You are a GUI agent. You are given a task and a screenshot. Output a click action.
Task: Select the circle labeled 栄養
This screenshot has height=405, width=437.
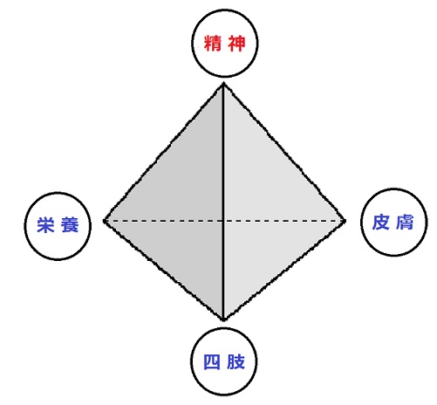pyautogui.click(x=58, y=193)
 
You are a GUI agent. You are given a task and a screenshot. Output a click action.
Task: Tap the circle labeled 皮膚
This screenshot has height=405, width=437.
pyautogui.click(x=394, y=189)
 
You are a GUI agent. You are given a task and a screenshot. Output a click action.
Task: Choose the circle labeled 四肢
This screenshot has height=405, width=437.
pyautogui.click(x=224, y=328)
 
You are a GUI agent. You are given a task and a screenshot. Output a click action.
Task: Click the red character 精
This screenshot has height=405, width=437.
pyautogui.click(x=213, y=44)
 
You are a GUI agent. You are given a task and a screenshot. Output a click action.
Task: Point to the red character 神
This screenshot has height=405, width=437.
pyautogui.click(x=236, y=44)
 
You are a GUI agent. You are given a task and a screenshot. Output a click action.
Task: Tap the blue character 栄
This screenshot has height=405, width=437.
pyautogui.click(x=45, y=225)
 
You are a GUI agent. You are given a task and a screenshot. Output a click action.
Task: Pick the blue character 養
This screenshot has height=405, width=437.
pyautogui.click(x=70, y=225)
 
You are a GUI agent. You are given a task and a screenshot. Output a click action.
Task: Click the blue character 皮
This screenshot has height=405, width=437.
pyautogui.click(x=381, y=223)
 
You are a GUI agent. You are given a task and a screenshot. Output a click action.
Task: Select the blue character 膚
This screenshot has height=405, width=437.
pyautogui.click(x=405, y=223)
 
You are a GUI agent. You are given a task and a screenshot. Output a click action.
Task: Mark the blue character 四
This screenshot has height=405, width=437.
pyautogui.click(x=212, y=362)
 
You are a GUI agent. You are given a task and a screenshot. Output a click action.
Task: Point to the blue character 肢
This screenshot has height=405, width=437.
pyautogui.click(x=236, y=362)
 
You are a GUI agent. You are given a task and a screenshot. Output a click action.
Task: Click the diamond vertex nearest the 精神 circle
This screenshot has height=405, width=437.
pyautogui.click(x=223, y=84)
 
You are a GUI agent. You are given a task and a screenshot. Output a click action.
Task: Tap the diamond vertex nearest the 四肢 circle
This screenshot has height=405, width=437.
pyautogui.click(x=223, y=319)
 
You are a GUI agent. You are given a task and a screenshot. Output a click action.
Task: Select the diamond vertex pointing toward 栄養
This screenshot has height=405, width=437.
pyautogui.click(x=105, y=221)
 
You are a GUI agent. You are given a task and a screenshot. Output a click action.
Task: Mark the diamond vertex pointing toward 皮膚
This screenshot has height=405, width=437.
pyautogui.click(x=345, y=221)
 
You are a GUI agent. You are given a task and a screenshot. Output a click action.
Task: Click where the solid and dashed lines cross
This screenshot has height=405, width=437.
pyautogui.click(x=223, y=221)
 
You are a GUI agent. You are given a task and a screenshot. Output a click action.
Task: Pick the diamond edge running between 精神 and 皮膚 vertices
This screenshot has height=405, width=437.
pyautogui.click(x=284, y=152)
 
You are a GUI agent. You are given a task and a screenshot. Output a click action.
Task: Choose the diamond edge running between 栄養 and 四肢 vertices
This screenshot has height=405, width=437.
pyautogui.click(x=164, y=271)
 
